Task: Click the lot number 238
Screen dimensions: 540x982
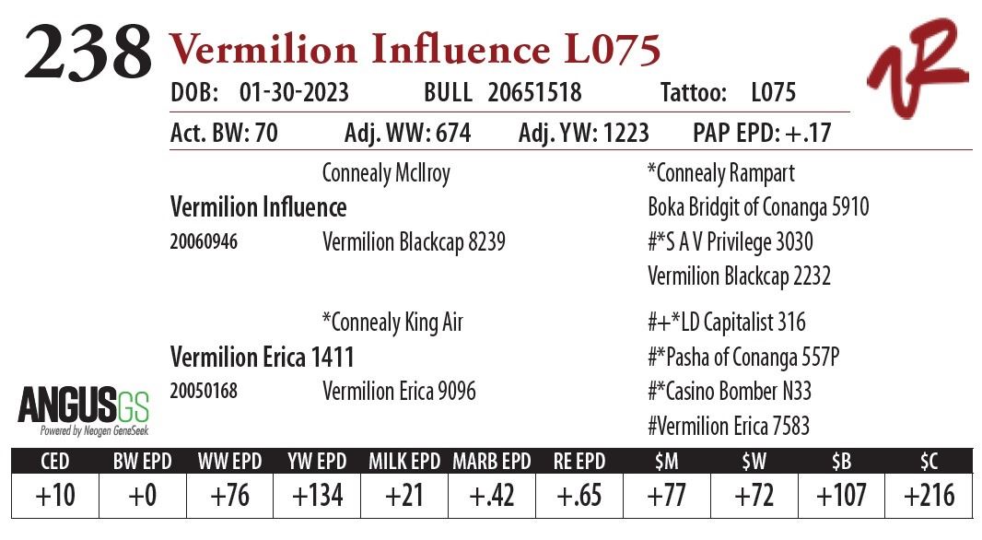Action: point(87,52)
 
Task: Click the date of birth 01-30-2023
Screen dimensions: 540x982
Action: point(294,93)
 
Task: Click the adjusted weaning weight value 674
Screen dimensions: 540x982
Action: point(451,134)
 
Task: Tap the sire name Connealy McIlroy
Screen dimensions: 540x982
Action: point(386,173)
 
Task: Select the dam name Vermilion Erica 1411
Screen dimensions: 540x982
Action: point(263,357)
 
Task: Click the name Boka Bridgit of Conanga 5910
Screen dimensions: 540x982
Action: point(758,207)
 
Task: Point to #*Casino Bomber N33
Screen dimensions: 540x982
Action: point(730,392)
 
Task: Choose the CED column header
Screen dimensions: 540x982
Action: point(54,461)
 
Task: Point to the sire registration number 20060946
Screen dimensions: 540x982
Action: point(204,242)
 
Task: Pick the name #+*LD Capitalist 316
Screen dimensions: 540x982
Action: point(726,323)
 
